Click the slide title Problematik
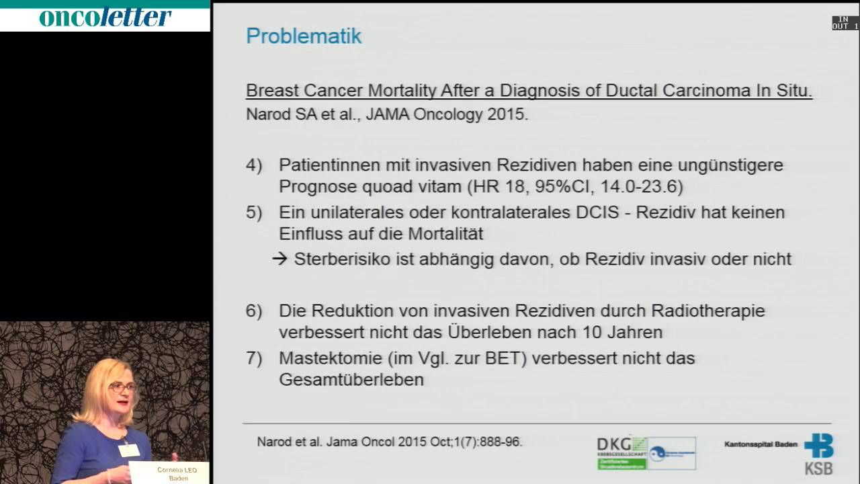(x=304, y=36)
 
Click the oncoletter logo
(x=105, y=17)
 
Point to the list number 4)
(x=253, y=165)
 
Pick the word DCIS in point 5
(x=600, y=212)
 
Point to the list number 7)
(x=253, y=358)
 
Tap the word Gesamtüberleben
(x=351, y=380)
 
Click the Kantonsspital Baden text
(x=761, y=444)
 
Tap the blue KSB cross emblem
(x=819, y=446)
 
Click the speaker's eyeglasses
(x=122, y=388)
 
